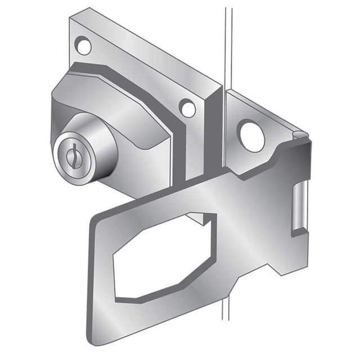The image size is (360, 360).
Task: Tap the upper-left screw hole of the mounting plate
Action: [83, 45]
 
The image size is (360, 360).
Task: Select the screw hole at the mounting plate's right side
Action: [187, 107]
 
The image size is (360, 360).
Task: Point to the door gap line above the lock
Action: [227, 45]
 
